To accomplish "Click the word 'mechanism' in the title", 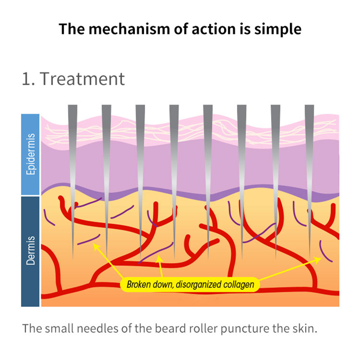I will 117,28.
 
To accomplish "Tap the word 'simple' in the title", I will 278,28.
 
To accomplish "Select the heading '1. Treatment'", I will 73,79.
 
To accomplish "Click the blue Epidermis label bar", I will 30,154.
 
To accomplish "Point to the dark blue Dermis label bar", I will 30,251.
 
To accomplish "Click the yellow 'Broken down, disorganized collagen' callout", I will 190,284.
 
